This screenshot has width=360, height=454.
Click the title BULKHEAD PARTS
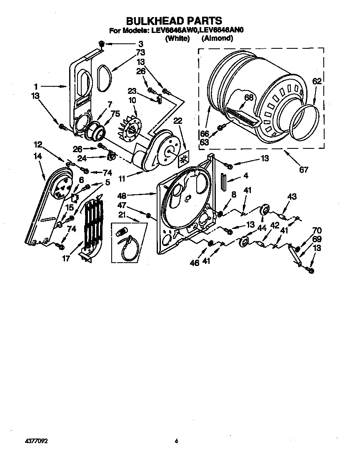coord(174,20)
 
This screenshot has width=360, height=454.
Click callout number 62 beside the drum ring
coord(317,82)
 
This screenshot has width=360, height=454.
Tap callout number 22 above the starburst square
coord(178,120)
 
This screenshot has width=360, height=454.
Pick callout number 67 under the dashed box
coord(303,170)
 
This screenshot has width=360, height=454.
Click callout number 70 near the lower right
coord(317,229)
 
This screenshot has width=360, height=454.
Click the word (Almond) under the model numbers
coord(217,38)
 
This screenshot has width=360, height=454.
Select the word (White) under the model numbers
coord(177,38)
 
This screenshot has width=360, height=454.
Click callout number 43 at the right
coord(292,196)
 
